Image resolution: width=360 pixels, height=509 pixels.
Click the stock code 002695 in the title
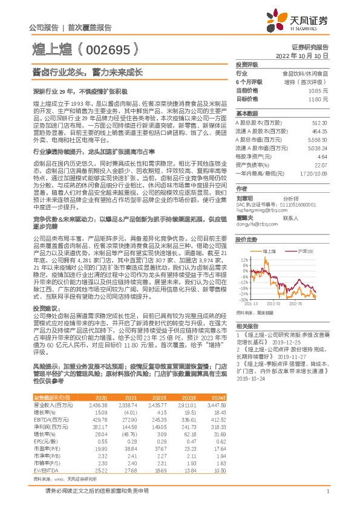(112, 48)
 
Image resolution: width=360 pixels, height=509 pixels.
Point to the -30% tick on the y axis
(243, 299)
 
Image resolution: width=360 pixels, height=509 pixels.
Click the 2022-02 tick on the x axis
(274, 304)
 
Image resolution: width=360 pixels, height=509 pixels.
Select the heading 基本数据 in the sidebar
(246, 114)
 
